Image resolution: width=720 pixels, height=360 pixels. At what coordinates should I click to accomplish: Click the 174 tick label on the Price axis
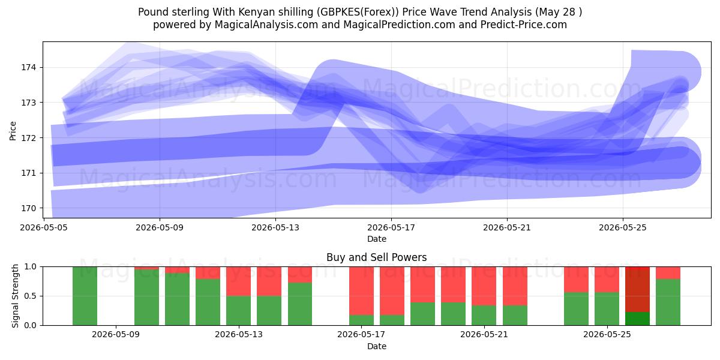coord(29,67)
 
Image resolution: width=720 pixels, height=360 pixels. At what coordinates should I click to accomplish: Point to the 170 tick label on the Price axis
coord(29,208)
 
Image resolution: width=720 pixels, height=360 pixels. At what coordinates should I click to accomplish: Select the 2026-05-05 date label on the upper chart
coord(44,227)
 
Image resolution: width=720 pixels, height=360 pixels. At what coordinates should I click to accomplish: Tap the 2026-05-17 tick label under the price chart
coord(391,227)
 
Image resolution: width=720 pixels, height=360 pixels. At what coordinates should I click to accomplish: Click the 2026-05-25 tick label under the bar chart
coord(607,335)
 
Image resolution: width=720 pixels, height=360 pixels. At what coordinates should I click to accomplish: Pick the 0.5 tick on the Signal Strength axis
coord(31,296)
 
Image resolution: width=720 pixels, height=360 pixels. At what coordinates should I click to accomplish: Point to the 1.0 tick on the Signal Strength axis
coord(31,267)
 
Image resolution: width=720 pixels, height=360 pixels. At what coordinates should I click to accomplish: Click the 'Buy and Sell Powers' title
coord(377,257)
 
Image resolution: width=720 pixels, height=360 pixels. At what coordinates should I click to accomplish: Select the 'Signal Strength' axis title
coord(15,296)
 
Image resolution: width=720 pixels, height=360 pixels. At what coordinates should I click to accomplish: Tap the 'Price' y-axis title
coord(13,131)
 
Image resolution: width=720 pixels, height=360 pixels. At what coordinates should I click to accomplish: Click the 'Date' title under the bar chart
coord(377,346)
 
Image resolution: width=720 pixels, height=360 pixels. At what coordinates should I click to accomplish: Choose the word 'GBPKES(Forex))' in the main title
coord(358,12)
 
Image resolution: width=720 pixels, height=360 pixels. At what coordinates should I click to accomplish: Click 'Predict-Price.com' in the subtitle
coord(524,25)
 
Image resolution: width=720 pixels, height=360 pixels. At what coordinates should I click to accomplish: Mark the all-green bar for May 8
coord(85,296)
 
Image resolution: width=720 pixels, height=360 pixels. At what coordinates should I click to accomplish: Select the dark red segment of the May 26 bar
coord(637,289)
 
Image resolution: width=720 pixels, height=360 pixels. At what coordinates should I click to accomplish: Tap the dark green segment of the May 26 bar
coord(637,319)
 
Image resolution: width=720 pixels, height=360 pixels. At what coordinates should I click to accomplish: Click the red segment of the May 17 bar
coord(362,291)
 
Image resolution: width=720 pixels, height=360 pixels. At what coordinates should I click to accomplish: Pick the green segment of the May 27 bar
coord(668,302)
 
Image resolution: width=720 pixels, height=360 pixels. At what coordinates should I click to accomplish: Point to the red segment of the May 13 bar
coord(239,281)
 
